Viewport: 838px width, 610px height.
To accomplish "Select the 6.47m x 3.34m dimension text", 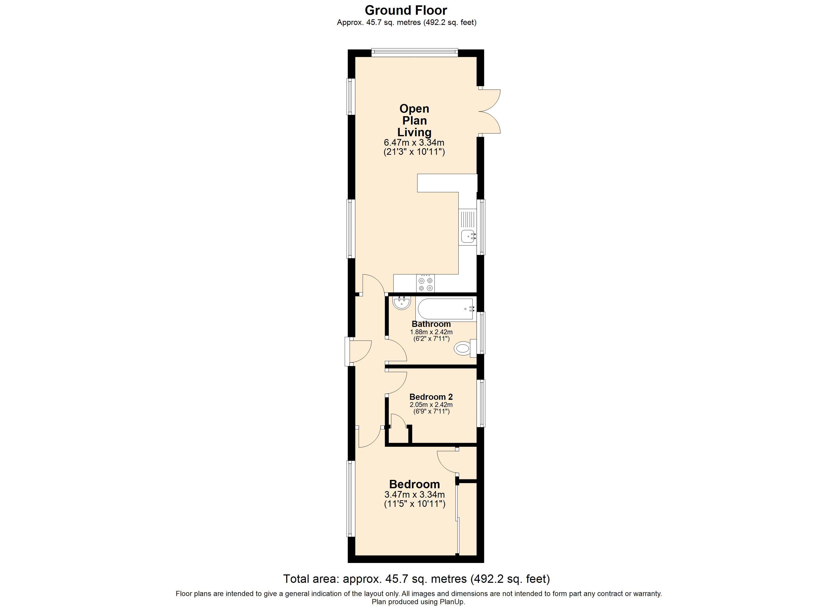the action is (x=414, y=142).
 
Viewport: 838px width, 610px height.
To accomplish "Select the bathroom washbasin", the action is (x=402, y=303).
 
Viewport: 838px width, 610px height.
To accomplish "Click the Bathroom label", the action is (x=431, y=324).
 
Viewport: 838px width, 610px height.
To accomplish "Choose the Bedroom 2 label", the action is (x=431, y=397).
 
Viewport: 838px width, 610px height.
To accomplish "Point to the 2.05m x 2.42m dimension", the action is (x=431, y=405).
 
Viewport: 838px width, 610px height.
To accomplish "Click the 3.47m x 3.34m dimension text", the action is (x=415, y=495).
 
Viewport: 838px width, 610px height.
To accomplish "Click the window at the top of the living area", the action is (x=415, y=53).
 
